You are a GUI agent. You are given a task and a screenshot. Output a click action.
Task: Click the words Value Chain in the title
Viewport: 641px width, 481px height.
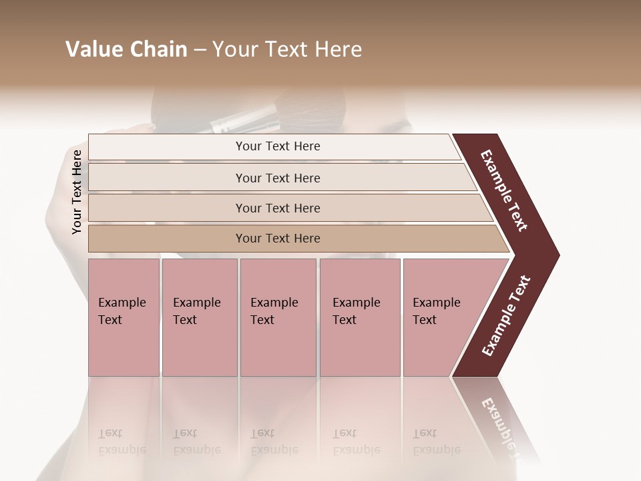click(126, 49)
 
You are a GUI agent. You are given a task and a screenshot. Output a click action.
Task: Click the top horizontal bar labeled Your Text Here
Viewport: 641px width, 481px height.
click(277, 146)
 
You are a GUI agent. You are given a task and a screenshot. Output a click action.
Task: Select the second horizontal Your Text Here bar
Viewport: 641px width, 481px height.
click(277, 178)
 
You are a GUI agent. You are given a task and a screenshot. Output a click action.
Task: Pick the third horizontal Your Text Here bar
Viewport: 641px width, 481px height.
click(277, 208)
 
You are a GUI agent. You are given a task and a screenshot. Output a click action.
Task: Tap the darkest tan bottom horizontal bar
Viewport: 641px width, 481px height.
click(277, 238)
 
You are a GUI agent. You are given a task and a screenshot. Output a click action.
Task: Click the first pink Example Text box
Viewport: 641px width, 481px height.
click(124, 317)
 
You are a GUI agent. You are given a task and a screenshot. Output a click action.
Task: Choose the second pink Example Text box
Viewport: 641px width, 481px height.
click(199, 317)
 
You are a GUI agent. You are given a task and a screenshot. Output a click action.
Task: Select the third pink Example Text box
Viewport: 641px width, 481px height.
click(277, 317)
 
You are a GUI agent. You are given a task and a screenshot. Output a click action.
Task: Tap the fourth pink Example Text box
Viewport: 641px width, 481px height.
click(359, 317)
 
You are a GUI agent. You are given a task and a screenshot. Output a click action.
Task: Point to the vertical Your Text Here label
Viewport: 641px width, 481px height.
click(77, 192)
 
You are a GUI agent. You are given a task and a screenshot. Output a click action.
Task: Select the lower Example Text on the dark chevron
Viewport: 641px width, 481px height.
click(506, 316)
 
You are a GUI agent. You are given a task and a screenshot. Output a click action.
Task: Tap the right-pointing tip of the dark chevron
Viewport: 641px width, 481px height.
click(554, 255)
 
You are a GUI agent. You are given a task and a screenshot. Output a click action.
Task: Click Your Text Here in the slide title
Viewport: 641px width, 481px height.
click(286, 49)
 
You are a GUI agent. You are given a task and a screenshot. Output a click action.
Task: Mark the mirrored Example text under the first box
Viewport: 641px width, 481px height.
click(122, 450)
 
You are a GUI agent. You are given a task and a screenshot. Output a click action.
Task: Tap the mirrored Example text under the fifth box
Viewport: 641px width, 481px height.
click(436, 450)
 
